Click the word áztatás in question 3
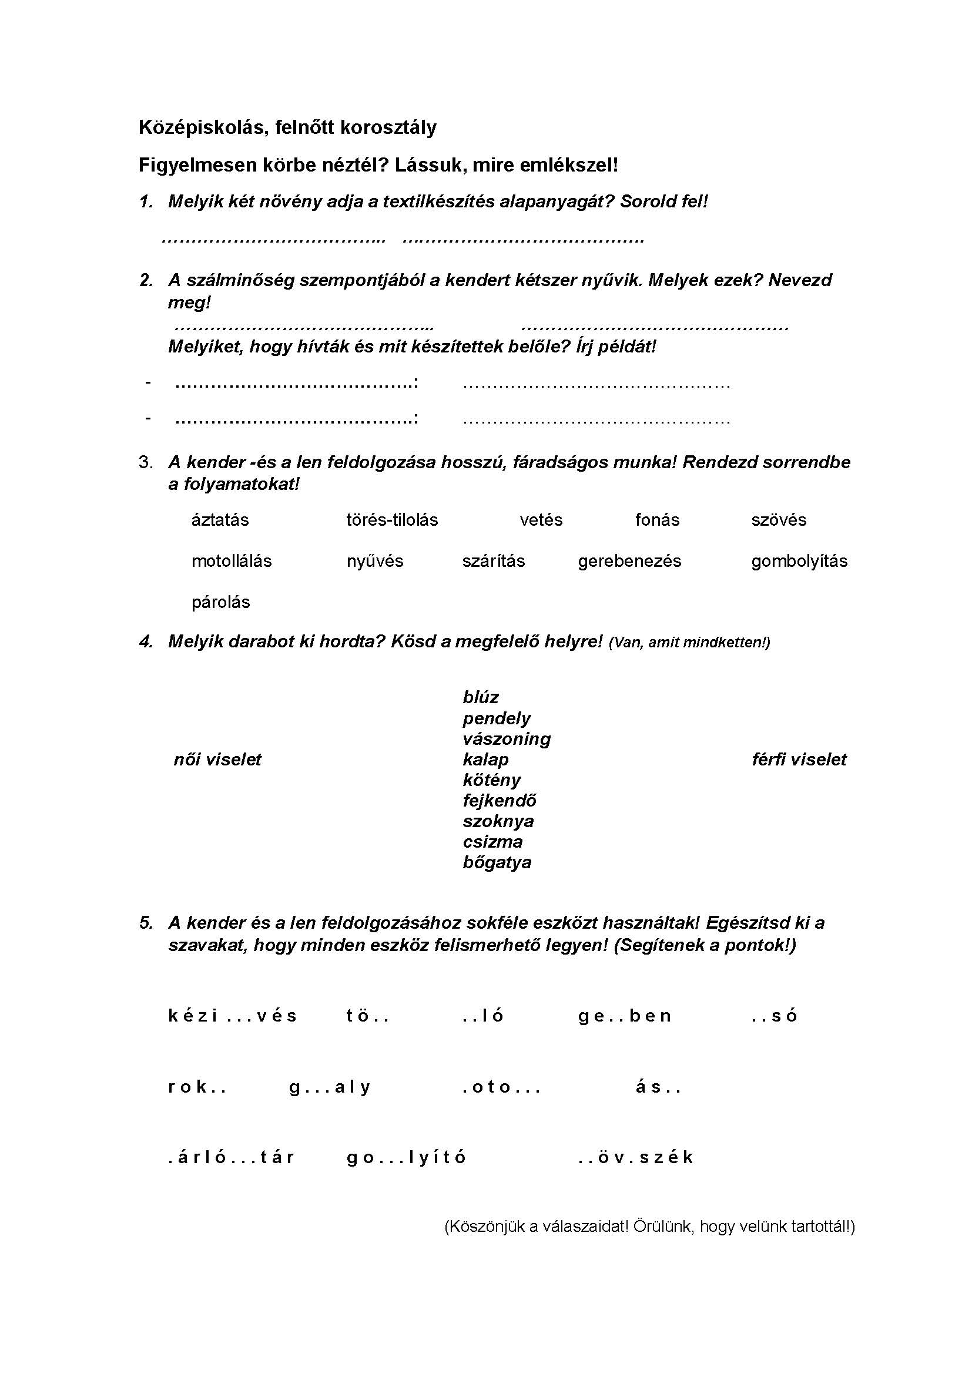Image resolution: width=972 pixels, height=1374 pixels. [220, 519]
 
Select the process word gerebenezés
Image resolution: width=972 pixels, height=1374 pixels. [629, 561]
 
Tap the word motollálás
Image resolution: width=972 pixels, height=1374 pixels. [231, 561]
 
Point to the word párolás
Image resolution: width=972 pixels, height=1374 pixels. [220, 602]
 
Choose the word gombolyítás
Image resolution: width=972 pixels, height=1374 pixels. [799, 561]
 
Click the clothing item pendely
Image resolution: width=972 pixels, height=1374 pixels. [496, 717]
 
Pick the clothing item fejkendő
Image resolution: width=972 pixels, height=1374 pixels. [499, 800]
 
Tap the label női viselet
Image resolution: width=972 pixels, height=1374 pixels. [217, 760]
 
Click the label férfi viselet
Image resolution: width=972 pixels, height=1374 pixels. [799, 760]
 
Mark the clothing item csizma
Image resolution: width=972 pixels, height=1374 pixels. [492, 841]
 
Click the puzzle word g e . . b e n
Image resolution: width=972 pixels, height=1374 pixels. [624, 1016]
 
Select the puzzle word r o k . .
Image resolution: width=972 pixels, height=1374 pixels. [196, 1086]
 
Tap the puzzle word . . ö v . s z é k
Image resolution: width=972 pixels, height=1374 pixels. [635, 1157]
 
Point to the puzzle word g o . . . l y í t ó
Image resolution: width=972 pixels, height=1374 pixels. [406, 1157]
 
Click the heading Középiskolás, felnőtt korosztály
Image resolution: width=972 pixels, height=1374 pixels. [287, 127]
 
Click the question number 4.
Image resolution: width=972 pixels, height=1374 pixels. [146, 641]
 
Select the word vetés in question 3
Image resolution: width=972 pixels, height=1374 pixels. [541, 519]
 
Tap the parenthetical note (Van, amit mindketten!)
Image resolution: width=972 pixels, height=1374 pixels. [689, 643]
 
